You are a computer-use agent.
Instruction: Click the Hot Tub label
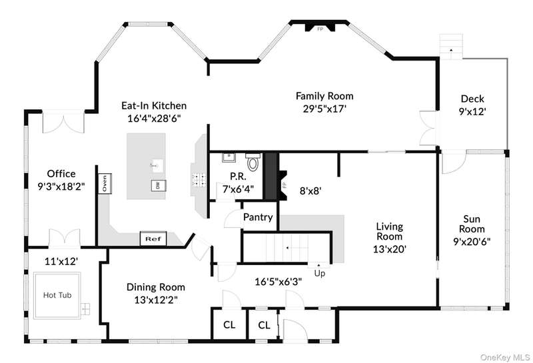pyautogui.click(x=57, y=295)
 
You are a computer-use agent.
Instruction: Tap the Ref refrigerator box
pyautogui.click(x=153, y=238)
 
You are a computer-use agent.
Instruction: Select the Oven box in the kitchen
pyautogui.click(x=105, y=184)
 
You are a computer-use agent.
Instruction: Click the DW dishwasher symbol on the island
pyautogui.click(x=158, y=186)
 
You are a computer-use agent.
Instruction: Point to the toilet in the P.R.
pyautogui.click(x=253, y=162)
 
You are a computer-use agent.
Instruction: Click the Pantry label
pyautogui.click(x=258, y=217)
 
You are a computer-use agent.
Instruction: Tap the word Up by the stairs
pyautogui.click(x=320, y=273)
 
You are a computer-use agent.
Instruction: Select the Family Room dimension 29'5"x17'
pyautogui.click(x=324, y=109)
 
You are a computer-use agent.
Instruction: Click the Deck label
pyautogui.click(x=472, y=99)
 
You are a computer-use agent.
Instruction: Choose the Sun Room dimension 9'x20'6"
pyautogui.click(x=472, y=242)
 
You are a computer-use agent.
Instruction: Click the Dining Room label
pyautogui.click(x=156, y=287)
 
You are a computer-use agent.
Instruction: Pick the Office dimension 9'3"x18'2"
pyautogui.click(x=61, y=186)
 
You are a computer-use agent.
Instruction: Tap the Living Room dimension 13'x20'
pyautogui.click(x=390, y=250)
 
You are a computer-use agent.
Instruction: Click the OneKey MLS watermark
pyautogui.click(x=505, y=357)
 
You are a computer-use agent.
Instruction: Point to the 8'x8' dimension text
pyautogui.click(x=310, y=191)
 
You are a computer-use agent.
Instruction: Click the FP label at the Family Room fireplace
pyautogui.click(x=320, y=29)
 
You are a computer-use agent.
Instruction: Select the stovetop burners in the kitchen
pyautogui.click(x=199, y=179)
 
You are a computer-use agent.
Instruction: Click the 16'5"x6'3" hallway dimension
pyautogui.click(x=278, y=282)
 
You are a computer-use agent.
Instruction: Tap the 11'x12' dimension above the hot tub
pyautogui.click(x=61, y=261)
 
